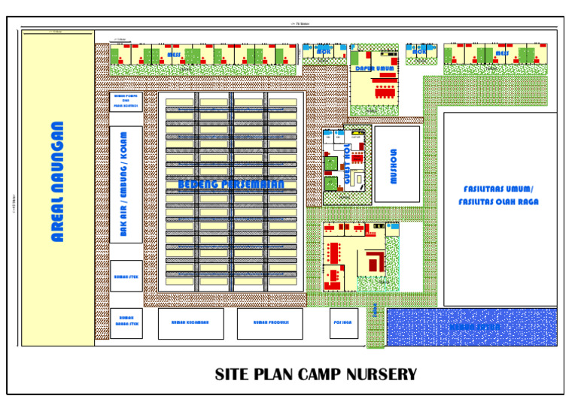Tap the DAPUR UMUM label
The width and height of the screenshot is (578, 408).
coord(374,68)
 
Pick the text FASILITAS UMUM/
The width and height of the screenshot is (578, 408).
coord(499,189)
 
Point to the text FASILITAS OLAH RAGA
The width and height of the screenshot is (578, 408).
coord(499,203)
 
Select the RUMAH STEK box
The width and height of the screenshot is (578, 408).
coord(126,277)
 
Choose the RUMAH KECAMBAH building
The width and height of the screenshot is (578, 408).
coord(189,323)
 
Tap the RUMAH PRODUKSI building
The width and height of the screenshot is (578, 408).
coord(269,323)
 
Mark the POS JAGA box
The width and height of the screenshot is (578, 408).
coord(342,323)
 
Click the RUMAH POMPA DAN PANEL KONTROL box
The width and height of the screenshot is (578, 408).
coord(126,101)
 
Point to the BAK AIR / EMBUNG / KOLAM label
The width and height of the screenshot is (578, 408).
coord(123,185)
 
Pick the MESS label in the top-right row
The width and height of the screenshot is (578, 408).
coord(500,54)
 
